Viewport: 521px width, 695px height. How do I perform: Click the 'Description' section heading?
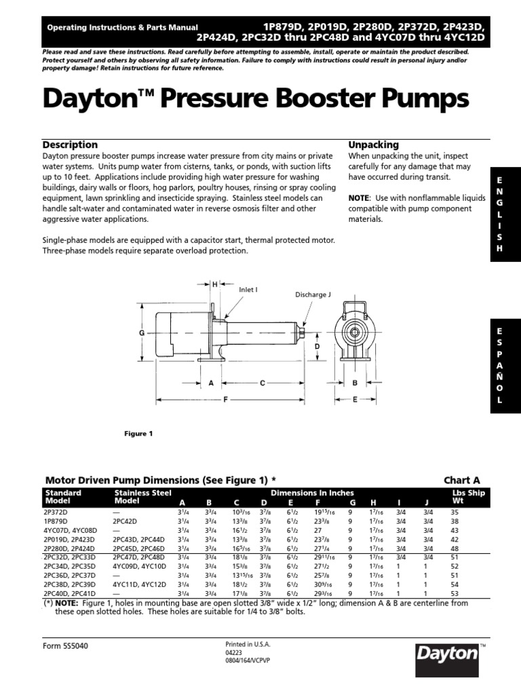(x=70, y=145)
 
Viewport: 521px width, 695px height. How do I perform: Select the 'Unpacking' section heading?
(x=373, y=145)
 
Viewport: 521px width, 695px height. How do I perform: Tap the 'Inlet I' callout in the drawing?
(x=248, y=289)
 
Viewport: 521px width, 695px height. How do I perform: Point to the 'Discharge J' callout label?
(x=313, y=295)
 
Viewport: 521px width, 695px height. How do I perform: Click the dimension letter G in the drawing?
(x=142, y=333)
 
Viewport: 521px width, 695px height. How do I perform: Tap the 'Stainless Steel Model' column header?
(x=142, y=497)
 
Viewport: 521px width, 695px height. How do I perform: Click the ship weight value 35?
(x=455, y=512)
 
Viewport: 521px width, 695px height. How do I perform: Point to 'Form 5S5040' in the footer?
(x=65, y=645)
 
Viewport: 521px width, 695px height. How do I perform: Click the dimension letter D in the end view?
(x=316, y=347)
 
